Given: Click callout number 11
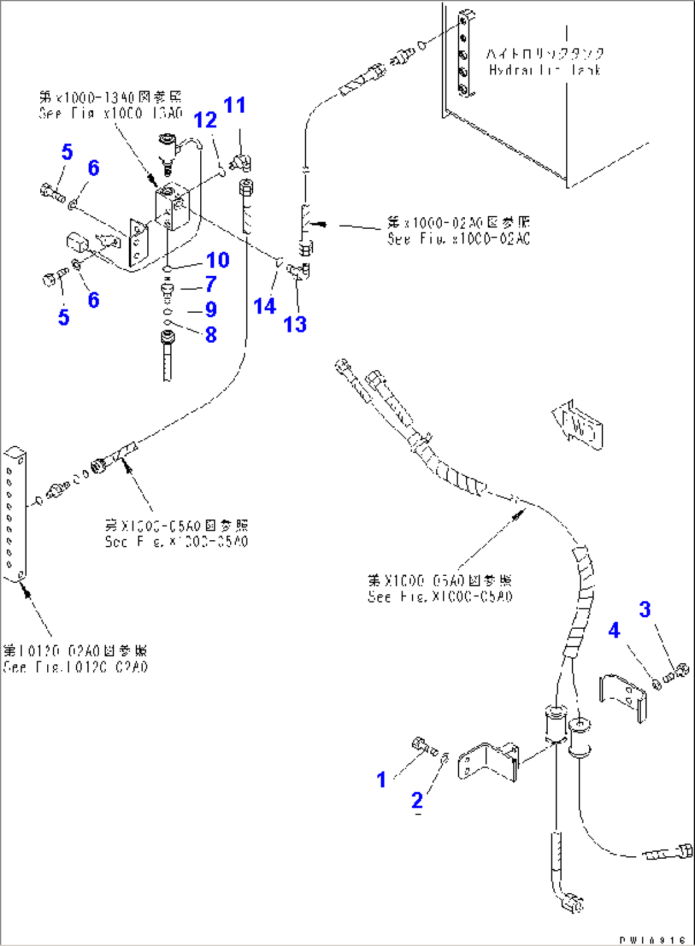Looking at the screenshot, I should (x=235, y=105).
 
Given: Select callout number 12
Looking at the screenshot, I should (x=205, y=120).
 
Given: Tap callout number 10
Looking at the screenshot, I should (x=217, y=260).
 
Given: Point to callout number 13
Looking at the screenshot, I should (x=295, y=324).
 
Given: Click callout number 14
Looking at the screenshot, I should (x=265, y=306).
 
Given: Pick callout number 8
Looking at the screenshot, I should (x=211, y=334).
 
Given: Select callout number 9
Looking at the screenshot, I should (x=211, y=310).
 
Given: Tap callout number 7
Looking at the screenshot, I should (x=210, y=284).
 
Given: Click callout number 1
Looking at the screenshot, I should (x=381, y=779).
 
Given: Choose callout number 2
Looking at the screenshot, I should (x=417, y=800).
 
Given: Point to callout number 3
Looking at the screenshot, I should (x=645, y=609).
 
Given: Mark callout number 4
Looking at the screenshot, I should (x=614, y=631).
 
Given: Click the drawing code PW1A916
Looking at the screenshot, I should (x=652, y=940).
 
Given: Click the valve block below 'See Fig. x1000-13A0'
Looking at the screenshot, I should (x=172, y=207).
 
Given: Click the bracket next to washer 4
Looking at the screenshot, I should (x=623, y=696).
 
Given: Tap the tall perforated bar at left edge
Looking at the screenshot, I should (x=14, y=514).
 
